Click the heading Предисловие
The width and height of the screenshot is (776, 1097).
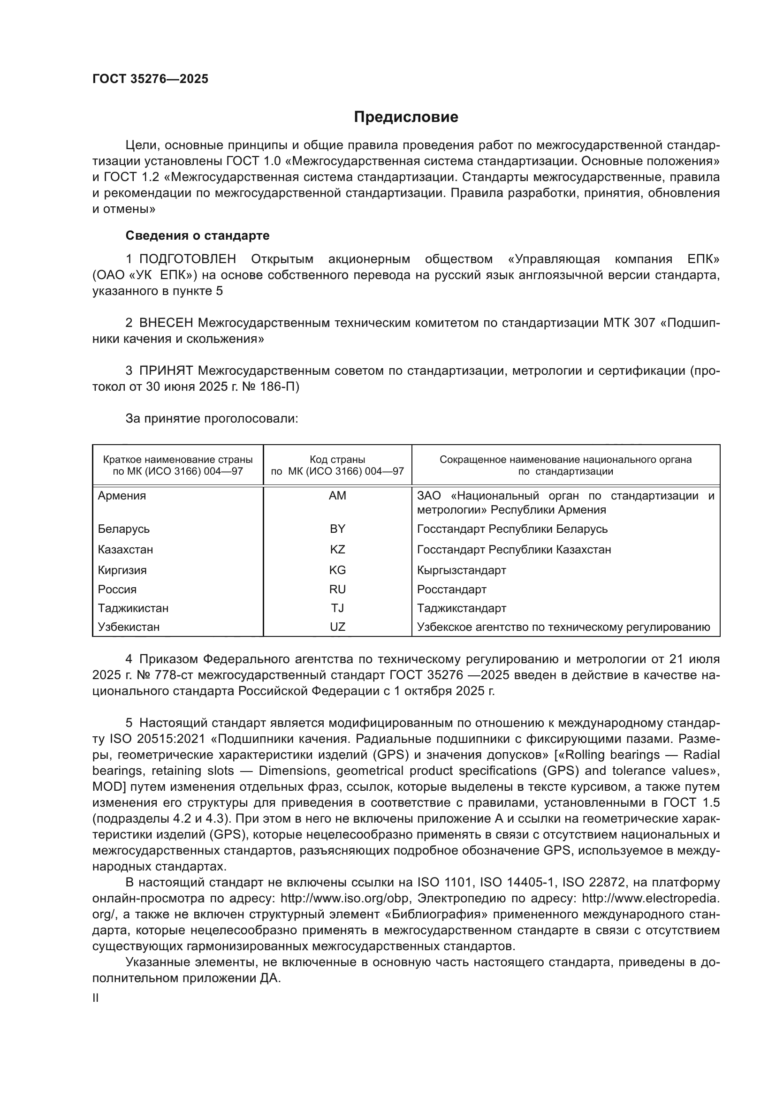point(406,117)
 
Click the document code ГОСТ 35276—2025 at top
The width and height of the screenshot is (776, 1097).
point(151,79)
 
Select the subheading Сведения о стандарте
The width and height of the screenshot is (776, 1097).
point(198,235)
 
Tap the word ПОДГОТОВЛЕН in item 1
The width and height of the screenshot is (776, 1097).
point(187,259)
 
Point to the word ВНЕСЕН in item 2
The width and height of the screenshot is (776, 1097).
point(166,323)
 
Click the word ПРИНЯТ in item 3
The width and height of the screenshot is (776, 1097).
point(166,371)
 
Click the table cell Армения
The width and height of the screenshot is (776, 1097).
point(122,496)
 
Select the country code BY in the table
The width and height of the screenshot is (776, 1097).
point(337,529)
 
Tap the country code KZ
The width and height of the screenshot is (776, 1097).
point(337,550)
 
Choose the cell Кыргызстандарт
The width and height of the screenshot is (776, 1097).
point(461,570)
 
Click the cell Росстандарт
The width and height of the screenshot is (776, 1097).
point(451,589)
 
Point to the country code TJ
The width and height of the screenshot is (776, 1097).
point(337,608)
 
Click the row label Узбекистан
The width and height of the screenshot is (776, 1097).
point(129,627)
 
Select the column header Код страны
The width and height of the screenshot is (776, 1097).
point(337,460)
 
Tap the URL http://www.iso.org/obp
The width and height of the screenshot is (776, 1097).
point(344,898)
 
